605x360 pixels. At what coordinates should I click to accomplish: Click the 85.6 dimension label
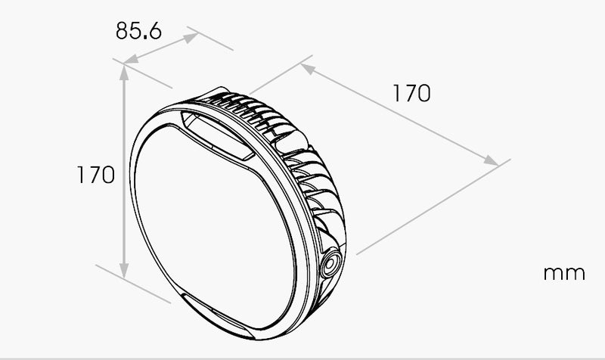138,30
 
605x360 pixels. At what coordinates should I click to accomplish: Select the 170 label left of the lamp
96,175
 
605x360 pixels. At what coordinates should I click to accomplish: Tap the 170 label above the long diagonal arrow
411,93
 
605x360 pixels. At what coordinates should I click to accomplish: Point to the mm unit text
564,273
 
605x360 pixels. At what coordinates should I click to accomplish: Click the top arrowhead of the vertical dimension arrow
124,73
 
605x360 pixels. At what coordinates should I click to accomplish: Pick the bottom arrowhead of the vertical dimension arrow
124,271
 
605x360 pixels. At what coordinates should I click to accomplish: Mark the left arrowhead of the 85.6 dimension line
131,59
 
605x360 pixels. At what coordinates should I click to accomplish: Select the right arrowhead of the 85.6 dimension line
191,37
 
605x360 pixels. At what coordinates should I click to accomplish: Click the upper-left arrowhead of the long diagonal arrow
308,69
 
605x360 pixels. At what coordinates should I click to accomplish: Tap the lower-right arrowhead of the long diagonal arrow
491,160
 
